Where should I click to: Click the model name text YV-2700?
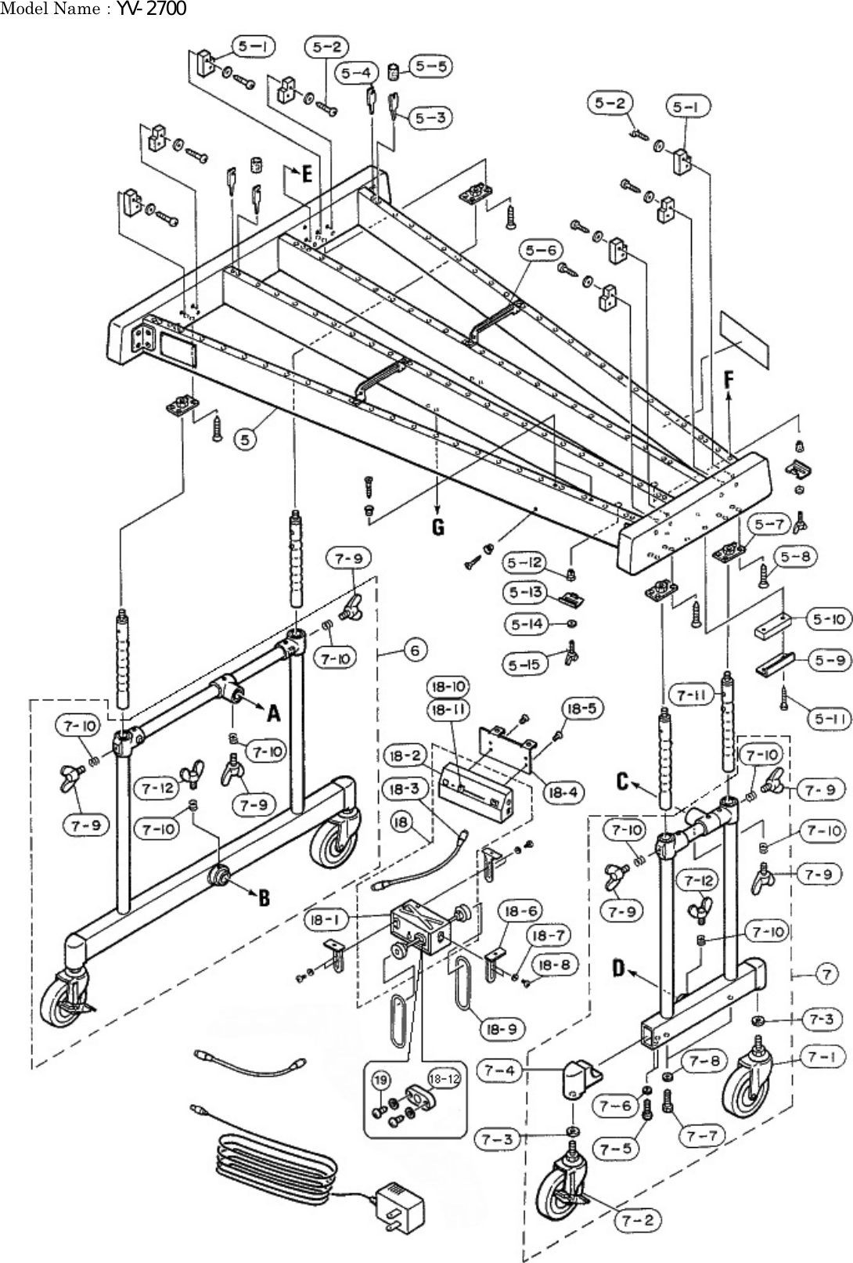point(152,9)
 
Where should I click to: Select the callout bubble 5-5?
point(431,67)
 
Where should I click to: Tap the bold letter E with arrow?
point(307,173)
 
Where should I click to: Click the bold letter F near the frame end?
point(729,381)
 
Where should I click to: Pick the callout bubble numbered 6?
point(415,650)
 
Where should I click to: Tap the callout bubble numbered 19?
point(380,1081)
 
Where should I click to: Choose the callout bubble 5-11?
point(828,719)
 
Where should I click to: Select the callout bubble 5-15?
point(524,664)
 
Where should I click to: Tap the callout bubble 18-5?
point(580,709)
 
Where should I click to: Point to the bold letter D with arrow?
point(617,969)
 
